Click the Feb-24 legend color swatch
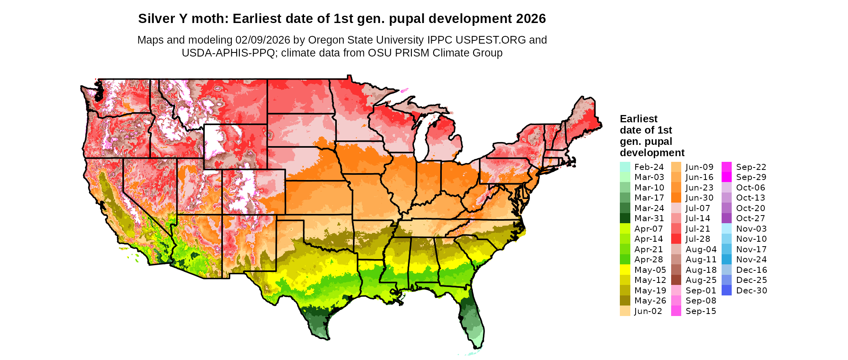[x=625, y=167]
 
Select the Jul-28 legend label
[x=697, y=239]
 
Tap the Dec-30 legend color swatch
[x=726, y=291]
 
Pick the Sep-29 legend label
[x=751, y=177]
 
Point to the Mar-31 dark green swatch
[x=625, y=218]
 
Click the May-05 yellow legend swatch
[x=625, y=270]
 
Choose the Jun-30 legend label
[x=699, y=198]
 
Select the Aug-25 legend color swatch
[x=676, y=280]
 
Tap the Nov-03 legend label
[x=751, y=229]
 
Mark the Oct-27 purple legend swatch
[x=726, y=218]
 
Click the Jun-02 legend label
[x=648, y=311]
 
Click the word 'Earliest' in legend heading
[x=638, y=119]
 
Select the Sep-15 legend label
[x=701, y=311]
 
